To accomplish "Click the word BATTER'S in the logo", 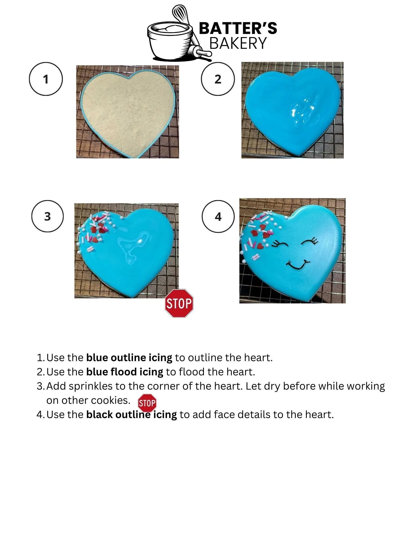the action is (238, 28).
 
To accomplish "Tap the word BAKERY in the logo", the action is (238, 43).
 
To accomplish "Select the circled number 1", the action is (46, 79).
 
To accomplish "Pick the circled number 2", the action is (218, 79).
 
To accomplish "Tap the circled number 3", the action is (48, 216).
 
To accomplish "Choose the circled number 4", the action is (218, 216).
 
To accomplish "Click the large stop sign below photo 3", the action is (179, 303).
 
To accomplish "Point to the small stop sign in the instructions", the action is (147, 403).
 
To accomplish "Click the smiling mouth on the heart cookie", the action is (298, 264).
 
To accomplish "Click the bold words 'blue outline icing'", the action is (129, 358).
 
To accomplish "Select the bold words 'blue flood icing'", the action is (125, 372).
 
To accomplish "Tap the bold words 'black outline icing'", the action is (132, 415).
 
